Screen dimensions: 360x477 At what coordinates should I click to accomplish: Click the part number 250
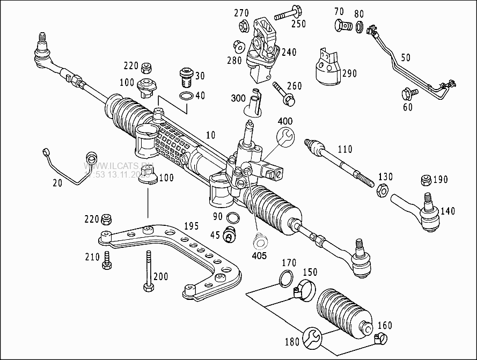tap(298, 24)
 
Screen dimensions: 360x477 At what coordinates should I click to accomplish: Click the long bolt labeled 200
tap(146, 271)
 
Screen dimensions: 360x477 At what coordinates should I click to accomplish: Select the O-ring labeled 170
tap(287, 277)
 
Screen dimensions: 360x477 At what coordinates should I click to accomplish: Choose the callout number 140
tap(447, 211)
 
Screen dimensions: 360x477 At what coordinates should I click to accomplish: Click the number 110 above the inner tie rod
tap(344, 149)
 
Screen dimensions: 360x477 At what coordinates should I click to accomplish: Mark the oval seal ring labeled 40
tap(186, 97)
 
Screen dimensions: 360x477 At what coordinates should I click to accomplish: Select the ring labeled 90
tap(234, 217)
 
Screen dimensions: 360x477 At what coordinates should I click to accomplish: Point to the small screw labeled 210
tap(107, 260)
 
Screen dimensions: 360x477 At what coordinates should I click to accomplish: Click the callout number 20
tap(57, 183)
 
